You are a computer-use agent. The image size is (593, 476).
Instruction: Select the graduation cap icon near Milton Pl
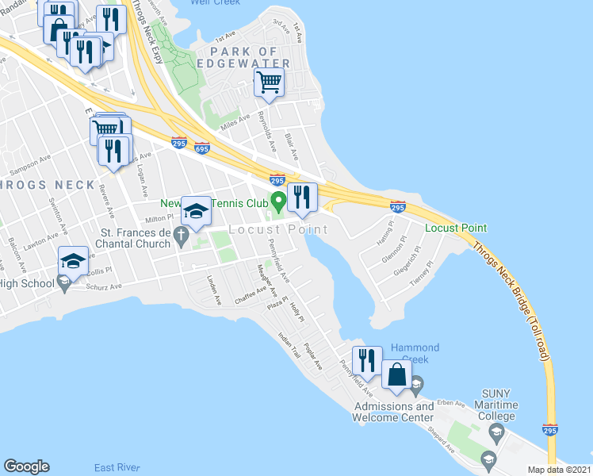[x=196, y=211]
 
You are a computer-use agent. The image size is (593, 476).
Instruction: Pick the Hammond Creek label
[x=415, y=353]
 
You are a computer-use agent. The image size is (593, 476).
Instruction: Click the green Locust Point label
[x=455, y=228]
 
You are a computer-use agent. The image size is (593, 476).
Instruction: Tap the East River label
[x=117, y=466]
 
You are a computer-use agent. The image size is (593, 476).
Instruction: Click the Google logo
[x=26, y=466]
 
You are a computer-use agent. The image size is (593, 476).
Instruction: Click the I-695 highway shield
[x=201, y=148]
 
